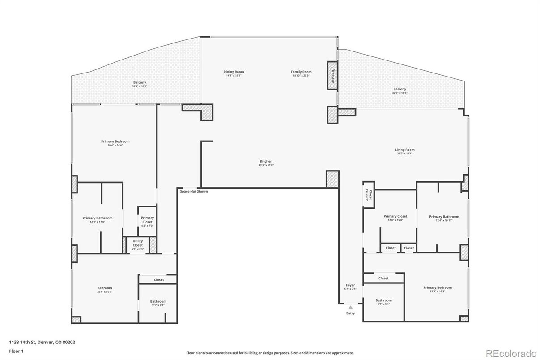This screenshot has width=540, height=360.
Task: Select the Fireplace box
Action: (332, 75)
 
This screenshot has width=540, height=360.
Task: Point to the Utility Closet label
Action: (138, 243)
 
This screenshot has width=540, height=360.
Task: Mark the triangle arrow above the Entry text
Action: (350, 308)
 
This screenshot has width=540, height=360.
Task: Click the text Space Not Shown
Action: (194, 191)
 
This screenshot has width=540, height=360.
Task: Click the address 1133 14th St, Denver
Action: (42, 342)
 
